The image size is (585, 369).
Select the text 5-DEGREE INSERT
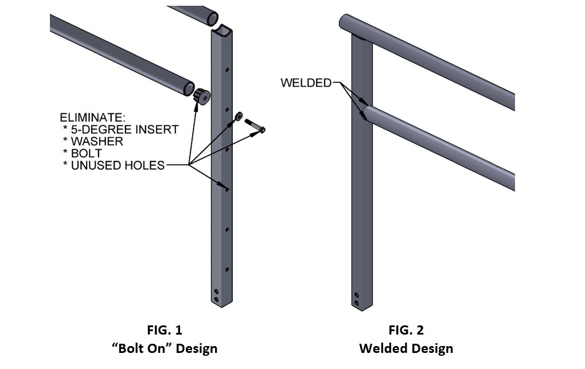124,130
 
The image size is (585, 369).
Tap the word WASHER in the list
96,141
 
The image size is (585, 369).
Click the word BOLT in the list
86,153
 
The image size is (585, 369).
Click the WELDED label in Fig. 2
306,83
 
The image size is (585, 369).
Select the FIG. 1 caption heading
165,330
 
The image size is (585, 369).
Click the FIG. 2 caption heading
406,330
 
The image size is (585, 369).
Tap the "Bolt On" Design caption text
165,348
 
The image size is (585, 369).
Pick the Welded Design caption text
406,348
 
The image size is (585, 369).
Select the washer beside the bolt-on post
238,116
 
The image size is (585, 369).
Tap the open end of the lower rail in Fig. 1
188,88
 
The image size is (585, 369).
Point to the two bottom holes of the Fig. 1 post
216,295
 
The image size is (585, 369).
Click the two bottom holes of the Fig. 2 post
357,298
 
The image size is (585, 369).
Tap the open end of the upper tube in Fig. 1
212,17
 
